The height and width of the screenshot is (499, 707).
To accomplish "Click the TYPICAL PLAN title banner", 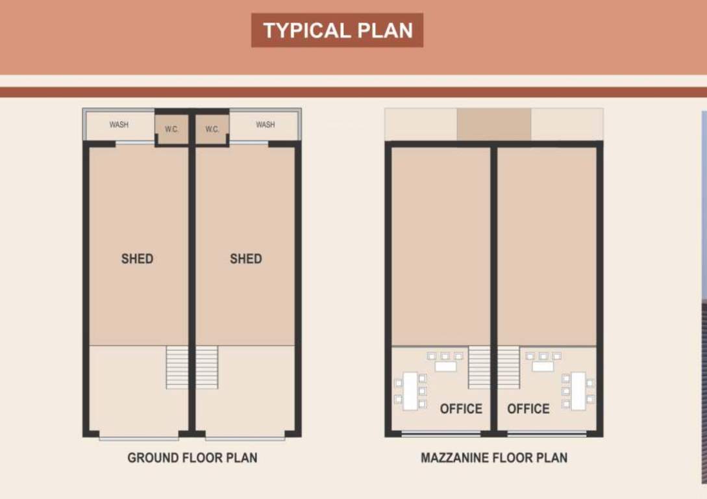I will (337, 31).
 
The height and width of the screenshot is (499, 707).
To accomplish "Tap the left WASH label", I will (119, 125).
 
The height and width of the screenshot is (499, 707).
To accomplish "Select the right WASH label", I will (265, 125).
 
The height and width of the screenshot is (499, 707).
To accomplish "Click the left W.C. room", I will (171, 129).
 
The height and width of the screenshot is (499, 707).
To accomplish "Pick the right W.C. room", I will (212, 129).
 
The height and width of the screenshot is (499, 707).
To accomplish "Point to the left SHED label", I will (137, 259).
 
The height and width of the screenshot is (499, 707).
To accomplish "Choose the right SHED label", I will (245, 259).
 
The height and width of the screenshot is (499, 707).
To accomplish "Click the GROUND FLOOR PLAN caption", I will (192, 457).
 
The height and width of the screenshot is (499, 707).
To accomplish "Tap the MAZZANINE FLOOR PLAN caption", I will (493, 457).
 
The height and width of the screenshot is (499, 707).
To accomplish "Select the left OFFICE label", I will (461, 409).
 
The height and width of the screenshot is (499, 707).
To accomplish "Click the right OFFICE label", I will (528, 409).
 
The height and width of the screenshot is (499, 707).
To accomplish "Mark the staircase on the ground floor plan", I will (192, 367).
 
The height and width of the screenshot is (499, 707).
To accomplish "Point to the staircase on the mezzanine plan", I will (494, 367).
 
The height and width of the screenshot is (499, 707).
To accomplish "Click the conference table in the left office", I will (410, 390).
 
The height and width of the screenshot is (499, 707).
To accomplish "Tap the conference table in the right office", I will (578, 390).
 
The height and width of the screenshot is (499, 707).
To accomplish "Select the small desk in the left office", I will (445, 366).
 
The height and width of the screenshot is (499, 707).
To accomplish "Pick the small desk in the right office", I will (543, 366).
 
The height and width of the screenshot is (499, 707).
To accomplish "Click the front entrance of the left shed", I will (139, 438).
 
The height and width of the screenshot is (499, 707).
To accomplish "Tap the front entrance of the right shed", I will (245, 438).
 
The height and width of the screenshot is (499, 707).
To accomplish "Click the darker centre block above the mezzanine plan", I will (494, 124).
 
